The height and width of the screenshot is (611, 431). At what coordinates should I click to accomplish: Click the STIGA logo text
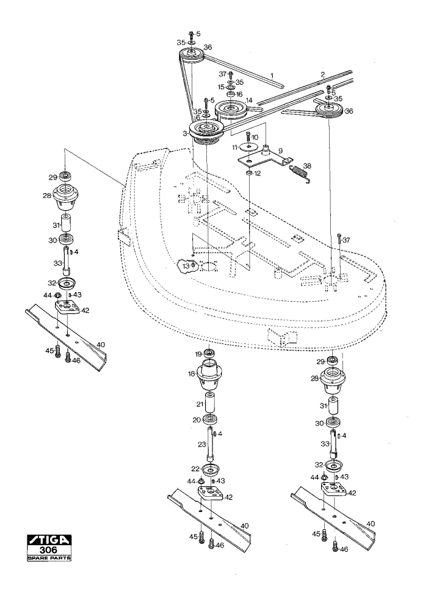pyautogui.click(x=49, y=540)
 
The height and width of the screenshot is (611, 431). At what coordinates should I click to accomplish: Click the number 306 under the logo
pyautogui.click(x=49, y=551)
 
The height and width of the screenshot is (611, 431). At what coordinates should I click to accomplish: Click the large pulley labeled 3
pyautogui.click(x=205, y=132)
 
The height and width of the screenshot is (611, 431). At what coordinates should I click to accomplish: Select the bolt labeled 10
pyautogui.click(x=248, y=137)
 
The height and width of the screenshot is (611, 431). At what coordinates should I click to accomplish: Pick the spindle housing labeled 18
pyautogui.click(x=211, y=375)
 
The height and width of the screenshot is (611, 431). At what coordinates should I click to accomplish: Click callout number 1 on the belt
pyautogui.click(x=272, y=75)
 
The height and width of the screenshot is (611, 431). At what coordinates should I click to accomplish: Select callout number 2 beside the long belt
pyautogui.click(x=323, y=74)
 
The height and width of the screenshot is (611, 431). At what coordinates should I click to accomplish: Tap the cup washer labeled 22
pyautogui.click(x=211, y=469)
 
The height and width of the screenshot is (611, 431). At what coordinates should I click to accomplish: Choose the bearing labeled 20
pyautogui.click(x=211, y=420)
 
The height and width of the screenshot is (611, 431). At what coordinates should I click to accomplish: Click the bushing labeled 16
pyautogui.click(x=231, y=94)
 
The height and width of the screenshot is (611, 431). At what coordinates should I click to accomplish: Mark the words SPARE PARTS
pyautogui.click(x=49, y=558)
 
